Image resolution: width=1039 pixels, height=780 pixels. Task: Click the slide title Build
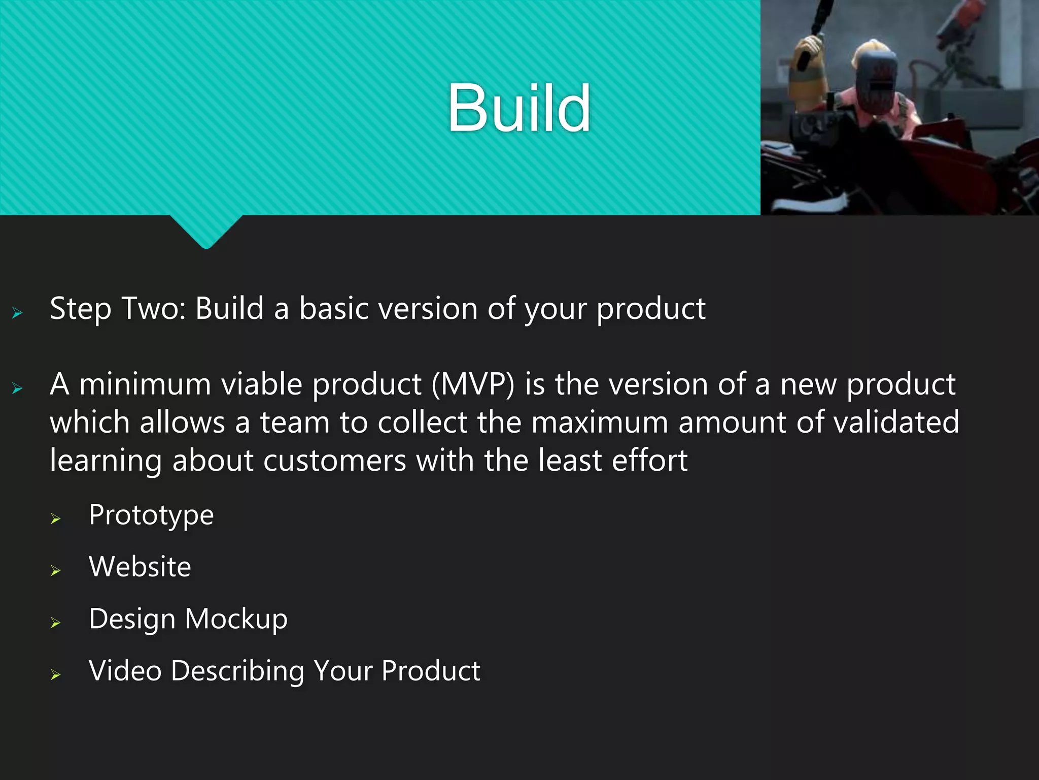coord(518,109)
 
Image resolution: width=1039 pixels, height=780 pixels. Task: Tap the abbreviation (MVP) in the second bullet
coord(473,384)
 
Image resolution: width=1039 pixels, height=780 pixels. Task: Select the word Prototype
coord(151,516)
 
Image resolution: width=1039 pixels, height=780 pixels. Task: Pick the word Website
coord(140,567)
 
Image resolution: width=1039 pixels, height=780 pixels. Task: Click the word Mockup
coord(236,620)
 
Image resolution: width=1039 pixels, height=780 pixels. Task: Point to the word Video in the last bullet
coord(125,671)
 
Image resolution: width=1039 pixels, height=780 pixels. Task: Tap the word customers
coord(335,461)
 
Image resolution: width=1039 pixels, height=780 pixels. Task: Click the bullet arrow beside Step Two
coord(17,313)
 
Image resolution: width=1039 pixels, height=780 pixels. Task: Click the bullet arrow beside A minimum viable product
coord(17,389)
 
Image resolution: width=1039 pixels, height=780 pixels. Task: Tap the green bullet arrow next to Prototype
coord(56,519)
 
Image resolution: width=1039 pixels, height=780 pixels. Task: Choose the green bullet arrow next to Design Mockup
coord(56,623)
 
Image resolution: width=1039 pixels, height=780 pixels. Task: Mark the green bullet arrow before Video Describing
coord(56,675)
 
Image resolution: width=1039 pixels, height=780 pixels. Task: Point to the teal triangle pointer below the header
coord(206,231)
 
